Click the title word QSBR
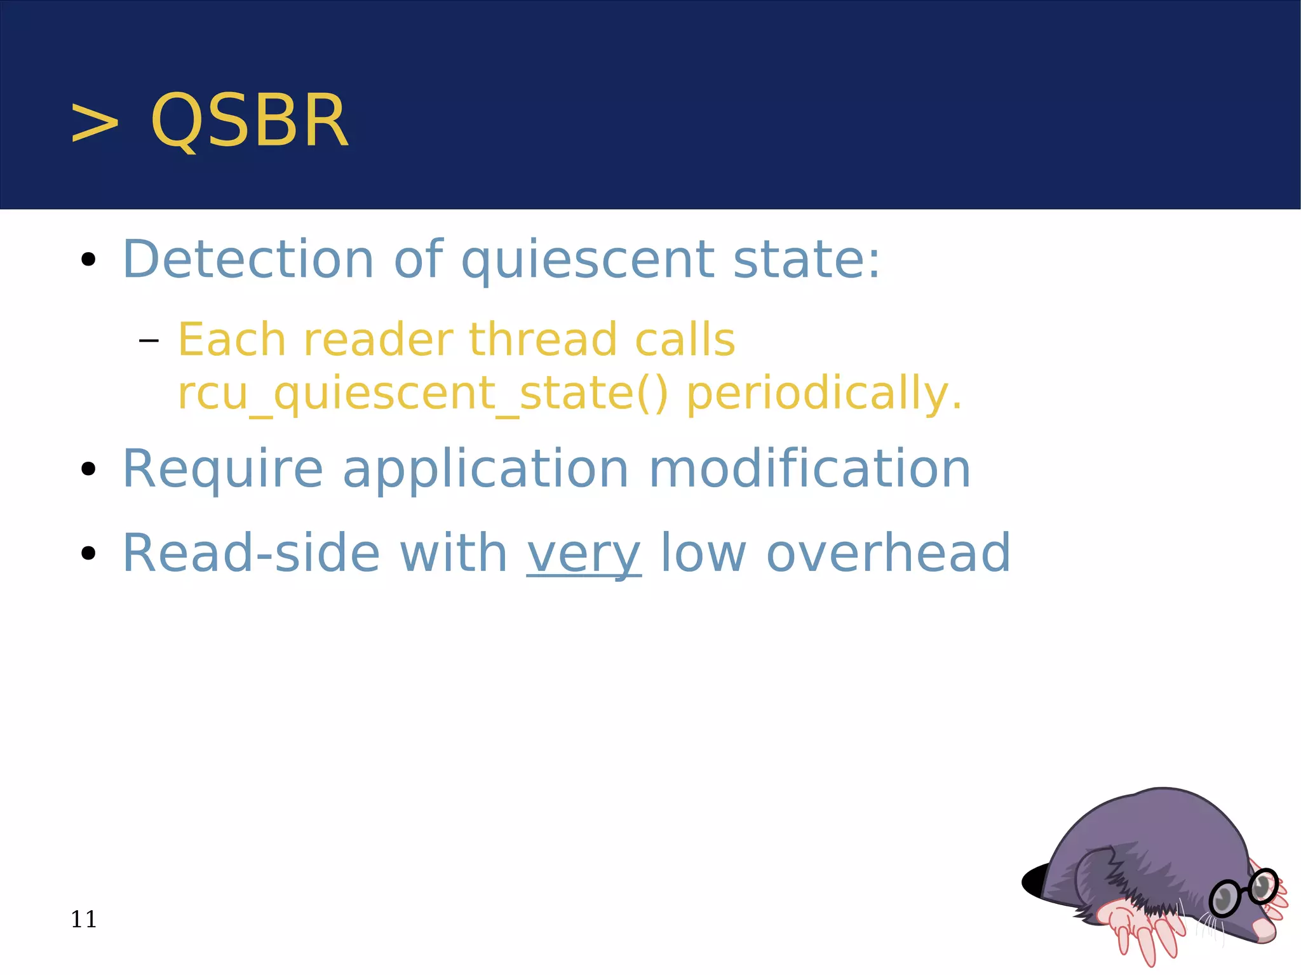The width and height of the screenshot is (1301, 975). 249,121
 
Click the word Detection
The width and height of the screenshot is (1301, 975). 248,259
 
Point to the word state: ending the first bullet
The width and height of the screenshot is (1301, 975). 807,259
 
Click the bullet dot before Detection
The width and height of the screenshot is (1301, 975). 88,260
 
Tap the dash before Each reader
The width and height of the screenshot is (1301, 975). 149,341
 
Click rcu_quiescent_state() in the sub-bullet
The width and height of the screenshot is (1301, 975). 422,394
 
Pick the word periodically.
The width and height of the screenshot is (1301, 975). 824,394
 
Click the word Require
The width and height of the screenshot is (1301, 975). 222,469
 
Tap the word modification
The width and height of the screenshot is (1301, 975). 809,469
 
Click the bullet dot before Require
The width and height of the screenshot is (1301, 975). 88,469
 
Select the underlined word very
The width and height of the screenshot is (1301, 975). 584,554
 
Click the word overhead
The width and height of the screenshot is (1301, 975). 888,553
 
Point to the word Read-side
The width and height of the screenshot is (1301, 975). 251,553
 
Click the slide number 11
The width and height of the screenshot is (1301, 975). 83,919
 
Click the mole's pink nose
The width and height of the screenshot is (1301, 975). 1264,931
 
